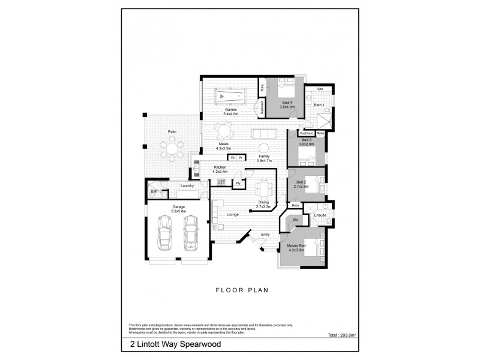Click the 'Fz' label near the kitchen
pos(232,158)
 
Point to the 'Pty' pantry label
pos(238,183)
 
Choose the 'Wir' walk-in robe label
pos(295,221)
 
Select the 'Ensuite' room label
pos(320,214)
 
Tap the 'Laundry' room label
pos(187,186)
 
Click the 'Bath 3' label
pos(155,191)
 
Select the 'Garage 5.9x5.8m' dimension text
pos(178,209)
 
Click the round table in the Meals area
pos(226,130)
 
